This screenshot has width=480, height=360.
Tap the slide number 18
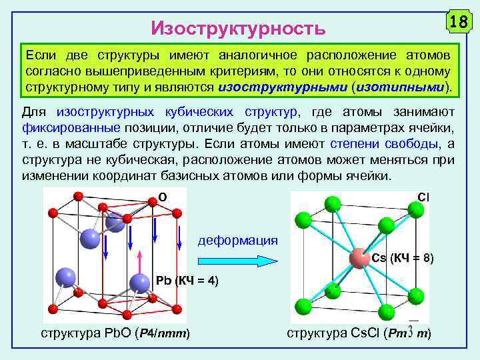click(457, 21)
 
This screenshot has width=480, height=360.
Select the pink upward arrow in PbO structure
click(139, 262)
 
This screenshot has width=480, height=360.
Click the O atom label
click(162, 197)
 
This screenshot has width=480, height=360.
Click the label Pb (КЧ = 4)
click(186, 279)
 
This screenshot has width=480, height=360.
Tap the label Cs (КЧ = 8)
click(403, 258)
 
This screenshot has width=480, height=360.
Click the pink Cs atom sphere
click(359, 259)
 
